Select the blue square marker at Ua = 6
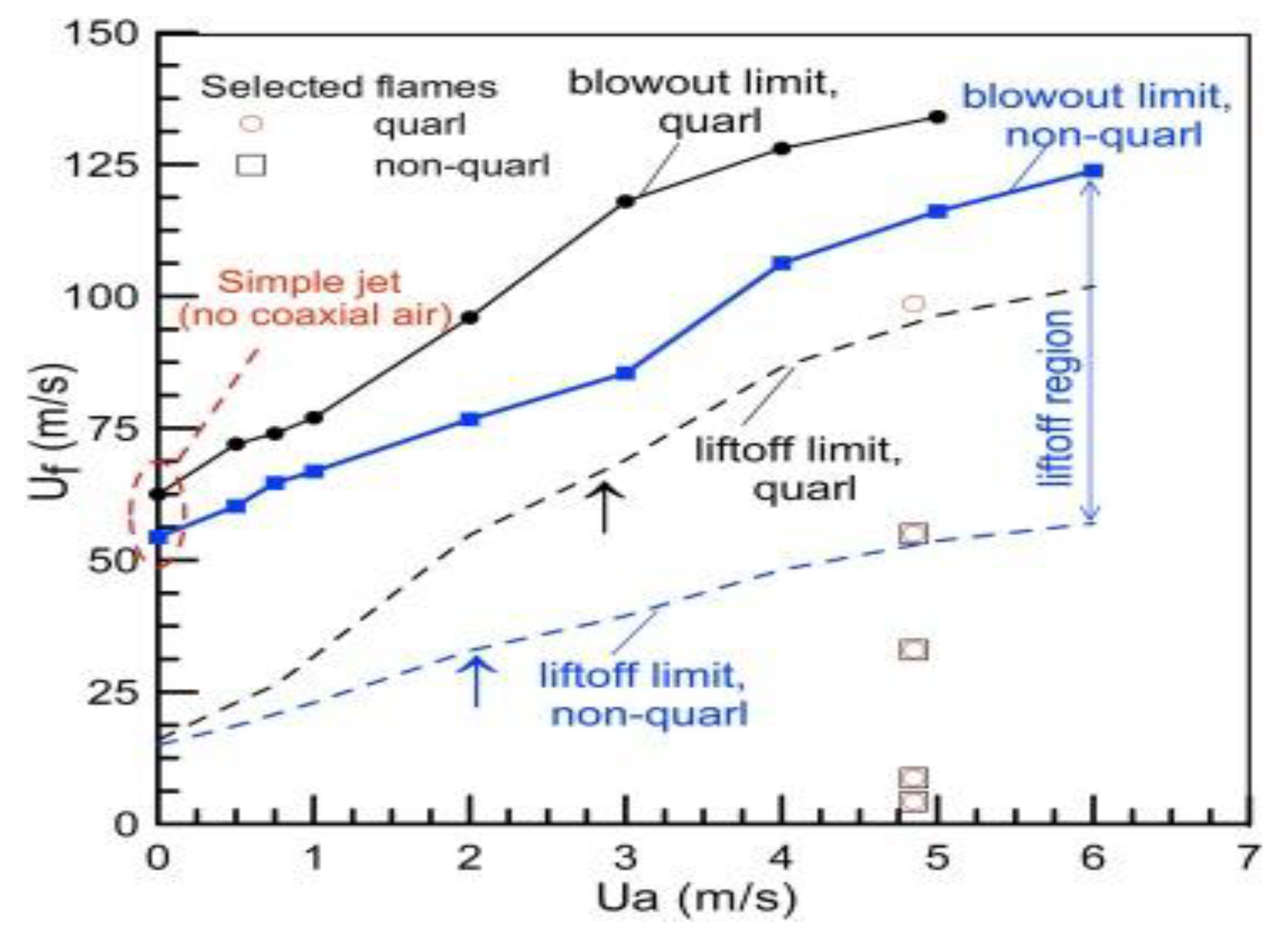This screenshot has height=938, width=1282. [x=1093, y=171]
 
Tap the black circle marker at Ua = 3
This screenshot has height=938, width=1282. [x=625, y=202]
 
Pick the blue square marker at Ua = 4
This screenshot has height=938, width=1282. [x=782, y=263]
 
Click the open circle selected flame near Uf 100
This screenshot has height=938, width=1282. [x=913, y=304]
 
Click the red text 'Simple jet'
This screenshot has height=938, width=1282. [x=310, y=282]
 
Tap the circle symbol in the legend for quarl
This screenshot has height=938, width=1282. [x=252, y=124]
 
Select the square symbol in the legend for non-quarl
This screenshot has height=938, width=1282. [x=251, y=166]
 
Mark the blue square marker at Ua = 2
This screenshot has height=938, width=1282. [x=470, y=419]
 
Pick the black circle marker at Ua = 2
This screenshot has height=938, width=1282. [x=469, y=318]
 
